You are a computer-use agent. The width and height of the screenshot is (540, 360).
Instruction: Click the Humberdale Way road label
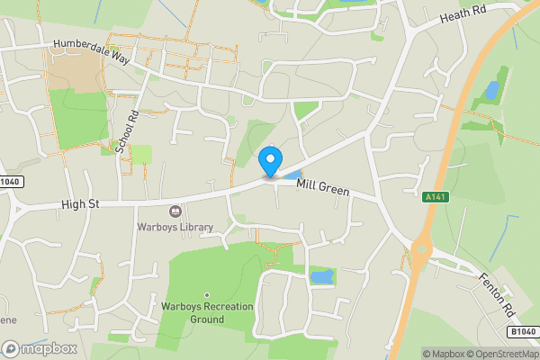click(92, 49)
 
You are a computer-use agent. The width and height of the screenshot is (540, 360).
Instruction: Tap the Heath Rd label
click(463, 13)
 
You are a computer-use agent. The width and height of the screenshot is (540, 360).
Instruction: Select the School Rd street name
click(126, 131)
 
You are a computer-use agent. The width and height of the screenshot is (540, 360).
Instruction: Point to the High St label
click(80, 204)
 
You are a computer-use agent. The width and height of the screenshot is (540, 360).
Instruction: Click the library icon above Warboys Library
click(175, 211)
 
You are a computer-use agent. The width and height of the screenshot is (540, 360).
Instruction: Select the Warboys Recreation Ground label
click(207, 312)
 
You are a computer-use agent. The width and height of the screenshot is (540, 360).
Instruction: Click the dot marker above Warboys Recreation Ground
click(207, 294)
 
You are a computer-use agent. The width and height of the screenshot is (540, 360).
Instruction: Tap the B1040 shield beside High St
click(11, 182)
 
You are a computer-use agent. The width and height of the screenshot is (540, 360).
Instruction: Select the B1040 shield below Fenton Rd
click(521, 332)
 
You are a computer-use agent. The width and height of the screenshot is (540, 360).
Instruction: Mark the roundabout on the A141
click(420, 250)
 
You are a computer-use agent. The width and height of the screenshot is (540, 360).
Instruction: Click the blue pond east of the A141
click(491, 90)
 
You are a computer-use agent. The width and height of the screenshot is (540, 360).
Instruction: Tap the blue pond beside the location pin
click(293, 173)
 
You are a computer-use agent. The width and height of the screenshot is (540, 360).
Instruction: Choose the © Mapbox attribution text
click(444, 354)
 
